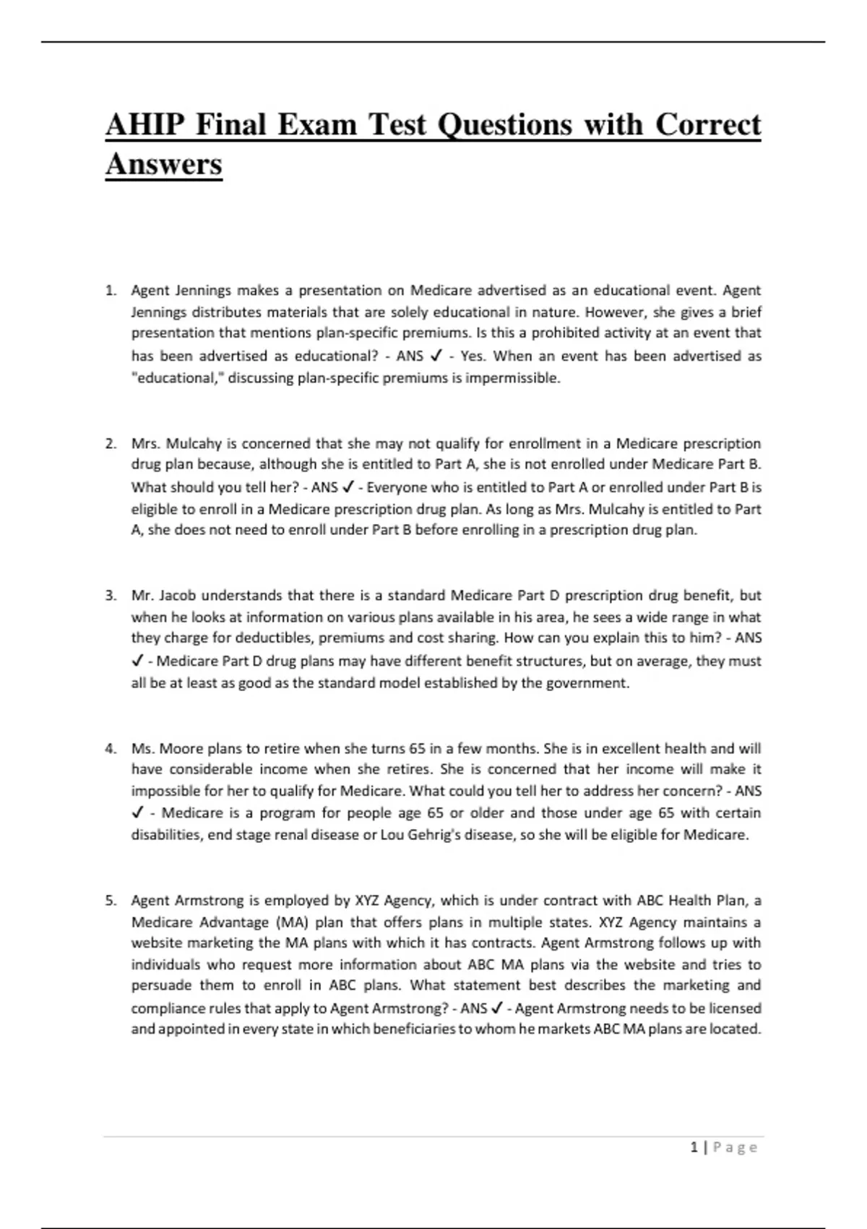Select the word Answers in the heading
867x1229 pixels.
click(x=163, y=164)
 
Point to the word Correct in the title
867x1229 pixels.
click(x=708, y=125)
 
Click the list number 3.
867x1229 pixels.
click(x=111, y=596)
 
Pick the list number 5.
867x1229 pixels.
click(x=111, y=901)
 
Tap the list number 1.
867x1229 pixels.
click(x=111, y=291)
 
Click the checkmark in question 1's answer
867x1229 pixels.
click(x=436, y=356)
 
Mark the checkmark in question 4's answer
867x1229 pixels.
click(x=138, y=813)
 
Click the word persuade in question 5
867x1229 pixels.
click(x=161, y=985)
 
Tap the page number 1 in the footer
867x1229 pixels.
click(x=694, y=1147)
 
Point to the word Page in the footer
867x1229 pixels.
click(x=735, y=1147)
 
